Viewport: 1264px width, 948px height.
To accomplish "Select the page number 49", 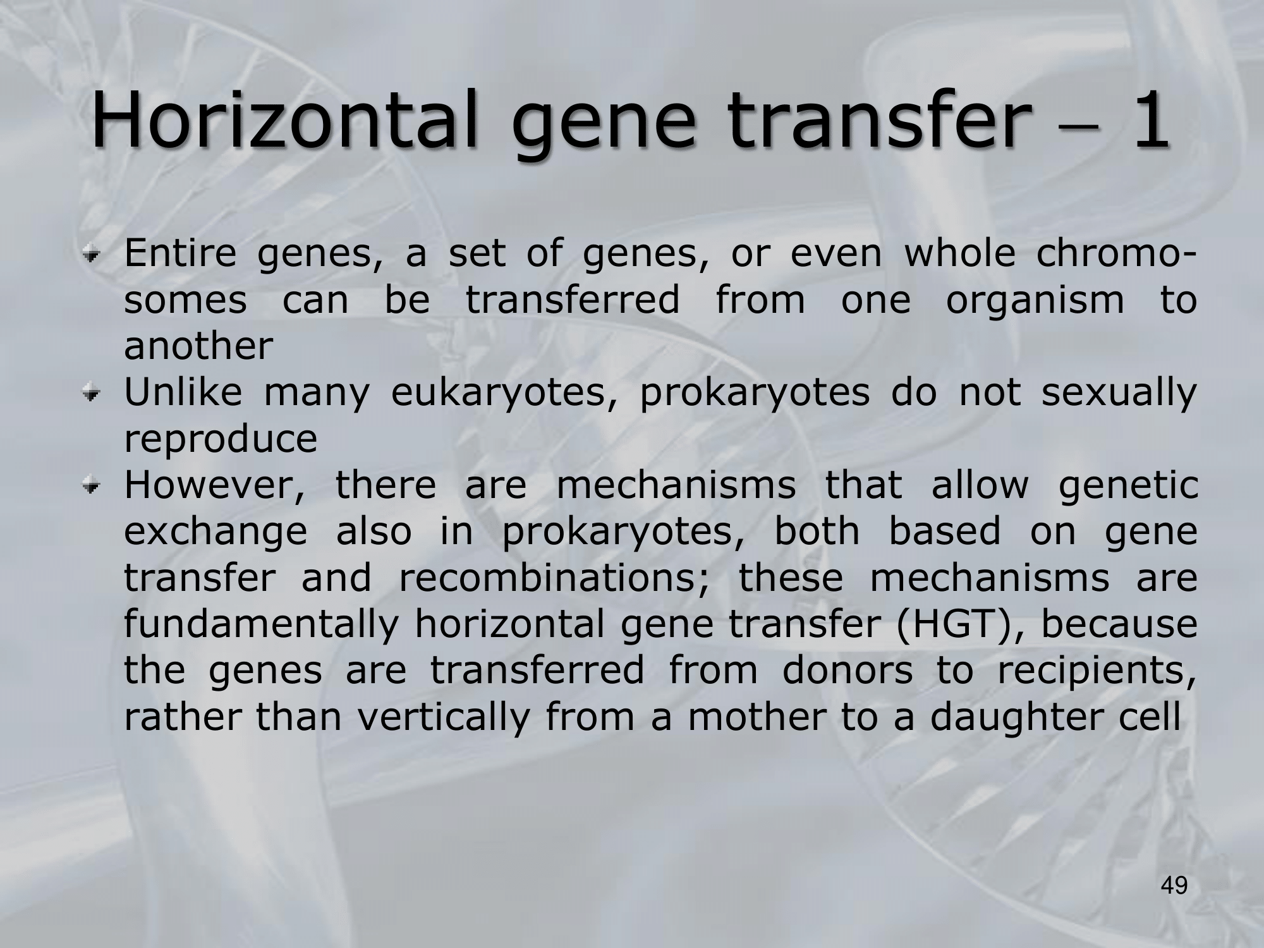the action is click(x=1174, y=887).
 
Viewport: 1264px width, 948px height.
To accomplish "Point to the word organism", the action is click(x=1035, y=301).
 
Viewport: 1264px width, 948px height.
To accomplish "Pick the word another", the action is click(x=198, y=346).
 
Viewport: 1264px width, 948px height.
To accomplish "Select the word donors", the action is click(x=848, y=671).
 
